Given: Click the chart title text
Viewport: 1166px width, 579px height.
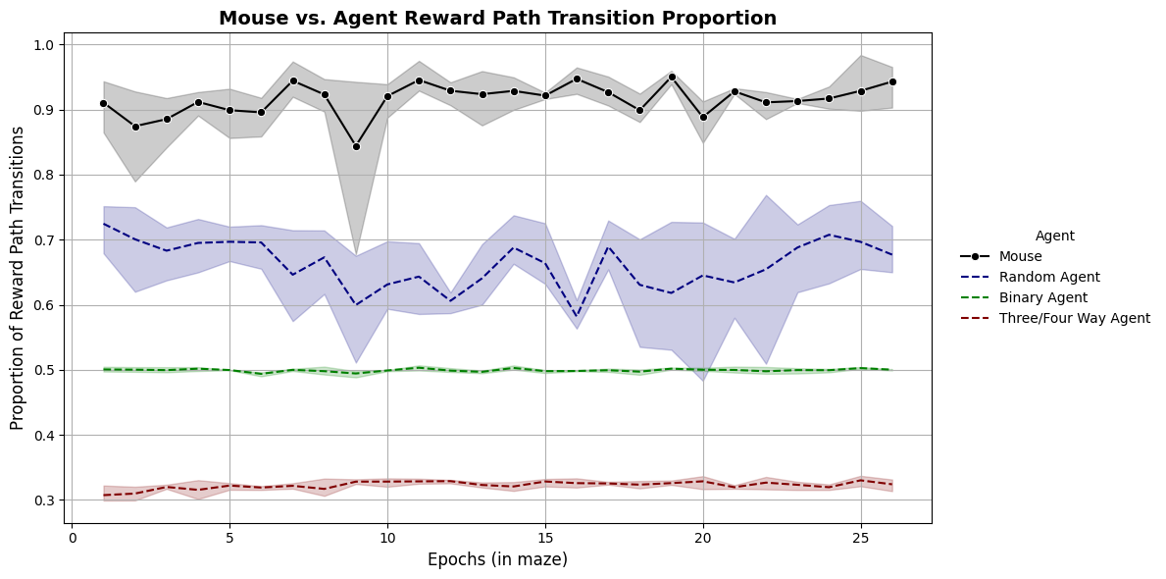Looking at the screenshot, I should [x=497, y=19].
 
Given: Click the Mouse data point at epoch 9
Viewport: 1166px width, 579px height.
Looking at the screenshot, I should [x=356, y=146].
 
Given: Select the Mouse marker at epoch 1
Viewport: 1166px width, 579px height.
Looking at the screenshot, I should [x=103, y=103].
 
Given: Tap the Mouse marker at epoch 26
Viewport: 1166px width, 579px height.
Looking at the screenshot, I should [x=892, y=81].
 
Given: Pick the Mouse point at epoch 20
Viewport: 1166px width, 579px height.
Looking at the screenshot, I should [x=703, y=118].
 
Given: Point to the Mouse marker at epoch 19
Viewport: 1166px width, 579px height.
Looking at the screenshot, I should [x=672, y=77].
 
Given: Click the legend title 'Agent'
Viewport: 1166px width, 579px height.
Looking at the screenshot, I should [x=1054, y=236].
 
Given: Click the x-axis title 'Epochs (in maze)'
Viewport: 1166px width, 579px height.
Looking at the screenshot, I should [x=497, y=559].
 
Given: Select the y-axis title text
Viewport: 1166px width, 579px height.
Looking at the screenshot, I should [x=18, y=278].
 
